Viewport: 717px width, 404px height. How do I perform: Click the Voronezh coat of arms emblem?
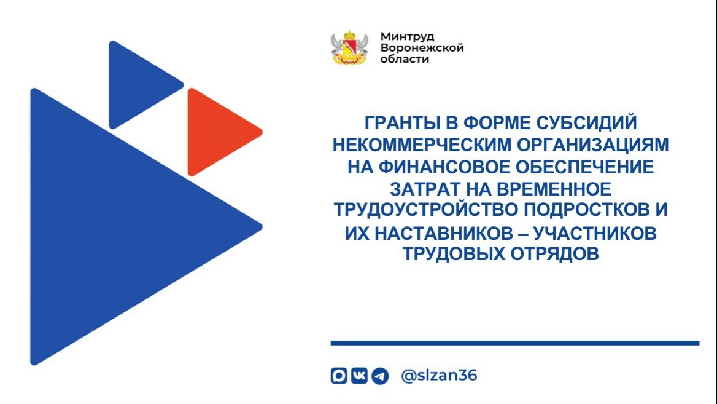[x=349, y=47]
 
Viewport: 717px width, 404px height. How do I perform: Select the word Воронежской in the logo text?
[x=422, y=47]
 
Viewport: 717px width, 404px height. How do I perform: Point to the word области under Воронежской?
[x=405, y=59]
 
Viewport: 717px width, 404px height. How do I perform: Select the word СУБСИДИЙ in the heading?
[x=586, y=123]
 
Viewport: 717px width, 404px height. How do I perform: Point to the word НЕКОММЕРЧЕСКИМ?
[x=422, y=145]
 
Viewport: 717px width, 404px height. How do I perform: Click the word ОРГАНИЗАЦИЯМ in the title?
[x=592, y=145]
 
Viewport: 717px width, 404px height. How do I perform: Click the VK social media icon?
[x=359, y=376]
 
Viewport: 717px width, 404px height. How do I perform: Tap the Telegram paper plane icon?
[x=380, y=376]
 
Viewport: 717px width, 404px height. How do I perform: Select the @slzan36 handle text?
[x=439, y=376]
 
